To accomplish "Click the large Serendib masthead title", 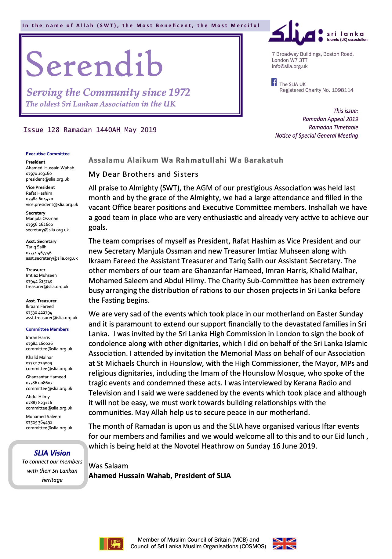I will click(94, 64).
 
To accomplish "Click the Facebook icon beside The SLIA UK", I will click(274, 82).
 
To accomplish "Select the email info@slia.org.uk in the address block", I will click(290, 66).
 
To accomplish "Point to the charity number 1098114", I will click(342, 90).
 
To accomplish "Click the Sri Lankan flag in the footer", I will click(111, 543).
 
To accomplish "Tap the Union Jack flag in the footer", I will click(284, 543).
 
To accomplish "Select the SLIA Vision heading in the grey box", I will click(52, 453).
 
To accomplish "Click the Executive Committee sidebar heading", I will click(48, 154).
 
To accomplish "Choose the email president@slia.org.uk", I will click(47, 179).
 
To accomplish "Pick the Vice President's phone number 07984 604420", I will click(39, 199).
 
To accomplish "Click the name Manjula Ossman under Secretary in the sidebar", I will click(42, 218).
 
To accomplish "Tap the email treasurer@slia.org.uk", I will click(47, 287).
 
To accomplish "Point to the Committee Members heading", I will click(47, 329).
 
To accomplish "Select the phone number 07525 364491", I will click(39, 422).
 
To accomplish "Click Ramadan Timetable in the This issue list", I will click(333, 127).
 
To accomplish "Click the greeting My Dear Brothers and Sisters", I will click(143, 174).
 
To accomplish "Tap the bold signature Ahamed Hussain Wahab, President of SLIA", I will click(160, 476).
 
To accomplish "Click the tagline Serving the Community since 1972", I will click(108, 92).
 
